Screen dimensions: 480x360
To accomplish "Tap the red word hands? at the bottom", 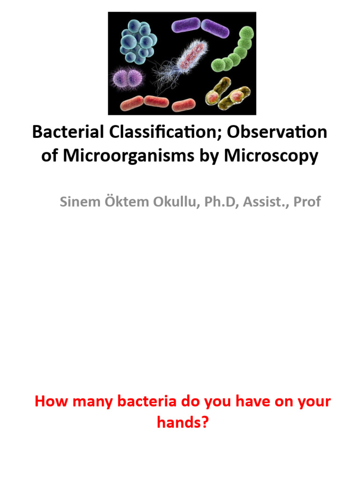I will coord(182,423).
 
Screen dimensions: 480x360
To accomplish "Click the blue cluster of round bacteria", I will coord(137,42).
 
